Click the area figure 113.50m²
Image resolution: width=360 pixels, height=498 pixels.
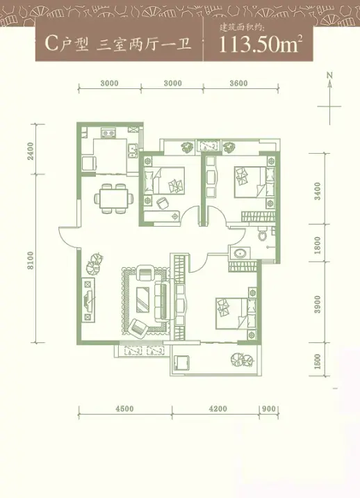(x=259, y=45)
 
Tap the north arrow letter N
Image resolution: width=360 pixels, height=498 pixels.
(x=330, y=75)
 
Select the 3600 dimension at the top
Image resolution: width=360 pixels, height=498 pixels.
(x=238, y=83)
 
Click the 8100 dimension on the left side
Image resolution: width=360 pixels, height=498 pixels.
(x=30, y=260)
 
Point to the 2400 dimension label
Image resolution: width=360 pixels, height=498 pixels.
(x=30, y=151)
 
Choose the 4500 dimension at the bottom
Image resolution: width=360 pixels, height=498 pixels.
(x=125, y=409)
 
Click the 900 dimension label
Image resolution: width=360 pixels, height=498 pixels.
(x=270, y=409)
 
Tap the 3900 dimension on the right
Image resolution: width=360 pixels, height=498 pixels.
(x=318, y=304)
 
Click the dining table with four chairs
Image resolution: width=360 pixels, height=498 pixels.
(x=113, y=198)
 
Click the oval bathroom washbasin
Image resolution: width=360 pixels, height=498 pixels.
(x=239, y=253)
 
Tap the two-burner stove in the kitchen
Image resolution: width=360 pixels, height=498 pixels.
(x=108, y=134)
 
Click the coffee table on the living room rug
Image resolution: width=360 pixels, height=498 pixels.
(x=142, y=300)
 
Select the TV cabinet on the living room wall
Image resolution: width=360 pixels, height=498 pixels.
(x=88, y=300)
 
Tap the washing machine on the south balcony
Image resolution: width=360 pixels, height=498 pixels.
(x=182, y=362)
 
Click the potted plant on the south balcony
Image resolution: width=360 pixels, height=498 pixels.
(x=241, y=359)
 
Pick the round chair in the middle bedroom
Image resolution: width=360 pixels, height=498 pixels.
(x=163, y=202)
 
